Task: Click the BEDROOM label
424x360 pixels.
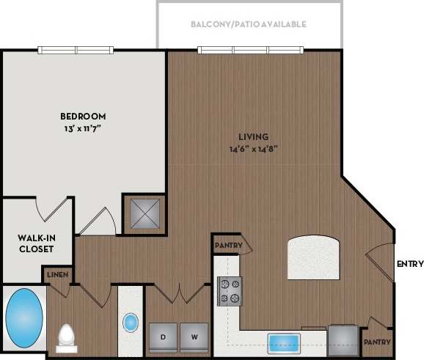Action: (83, 116)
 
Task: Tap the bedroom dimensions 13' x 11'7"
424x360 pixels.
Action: (83, 129)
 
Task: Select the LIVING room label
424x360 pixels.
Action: (253, 136)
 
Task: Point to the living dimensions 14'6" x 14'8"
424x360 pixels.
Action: (253, 149)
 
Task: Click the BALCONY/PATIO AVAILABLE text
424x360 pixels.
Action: (248, 24)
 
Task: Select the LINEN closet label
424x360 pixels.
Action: (58, 274)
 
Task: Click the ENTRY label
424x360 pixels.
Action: (409, 264)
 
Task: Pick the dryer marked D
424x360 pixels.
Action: (162, 337)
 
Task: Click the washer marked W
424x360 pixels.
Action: (194, 337)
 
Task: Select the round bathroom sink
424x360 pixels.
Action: (131, 322)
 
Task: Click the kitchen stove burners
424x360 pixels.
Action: (229, 290)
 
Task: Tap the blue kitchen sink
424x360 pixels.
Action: (285, 342)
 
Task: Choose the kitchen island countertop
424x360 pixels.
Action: (315, 257)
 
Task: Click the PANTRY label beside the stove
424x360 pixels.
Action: (227, 245)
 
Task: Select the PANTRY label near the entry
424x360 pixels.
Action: (378, 342)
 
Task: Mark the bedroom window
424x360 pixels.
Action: (76, 50)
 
